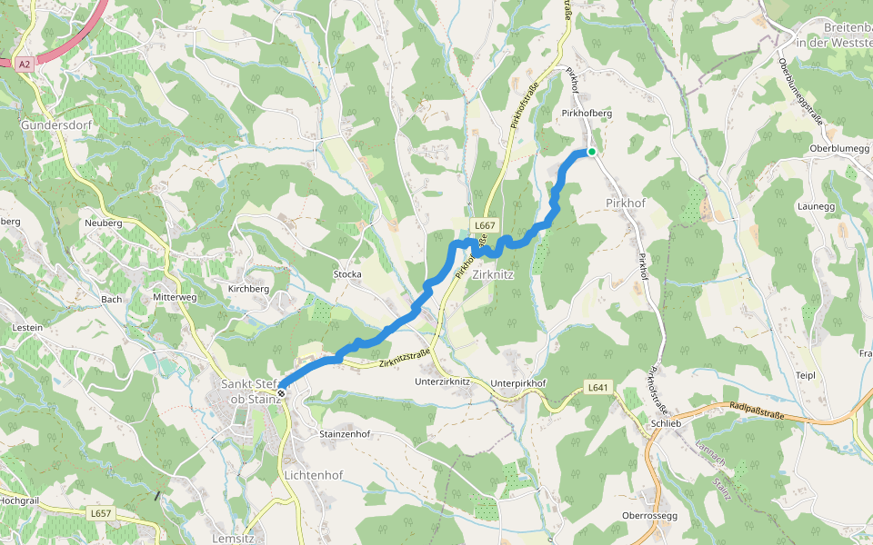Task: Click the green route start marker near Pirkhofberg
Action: pos(591,152)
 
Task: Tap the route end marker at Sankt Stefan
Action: pos(282,392)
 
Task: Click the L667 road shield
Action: pos(483,224)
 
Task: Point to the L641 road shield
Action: pos(596,388)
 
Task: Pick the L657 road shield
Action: pos(100,513)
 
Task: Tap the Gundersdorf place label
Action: pos(52,124)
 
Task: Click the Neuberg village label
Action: pos(103,223)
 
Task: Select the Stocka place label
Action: pos(347,273)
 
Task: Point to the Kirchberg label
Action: pos(248,288)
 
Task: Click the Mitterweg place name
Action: pos(175,297)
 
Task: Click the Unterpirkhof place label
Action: pos(517,383)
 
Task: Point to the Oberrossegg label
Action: pos(649,516)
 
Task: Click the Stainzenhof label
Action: pos(342,434)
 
